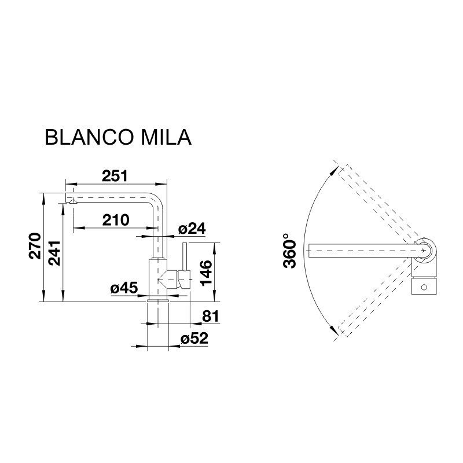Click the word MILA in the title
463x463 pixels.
tap(166, 137)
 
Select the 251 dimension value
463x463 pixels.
tap(115, 176)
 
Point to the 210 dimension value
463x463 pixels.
tap(116, 220)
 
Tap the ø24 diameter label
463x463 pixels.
tap(192, 229)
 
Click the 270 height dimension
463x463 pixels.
tap(35, 246)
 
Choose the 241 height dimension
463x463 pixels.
tap(54, 253)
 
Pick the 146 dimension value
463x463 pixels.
tap(206, 273)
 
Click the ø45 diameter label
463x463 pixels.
tap(124, 288)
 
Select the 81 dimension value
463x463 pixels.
tap(211, 316)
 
